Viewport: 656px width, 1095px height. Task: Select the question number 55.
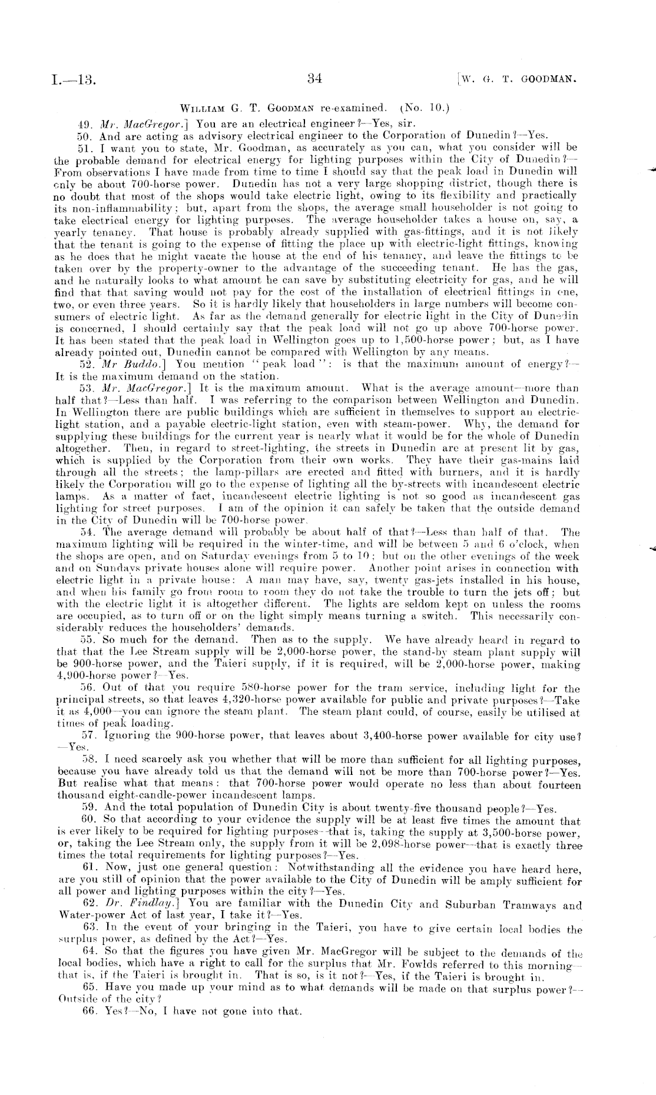coord(87,641)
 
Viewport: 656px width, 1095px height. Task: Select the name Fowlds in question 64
coord(399,966)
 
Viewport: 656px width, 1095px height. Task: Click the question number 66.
coord(87,1012)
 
